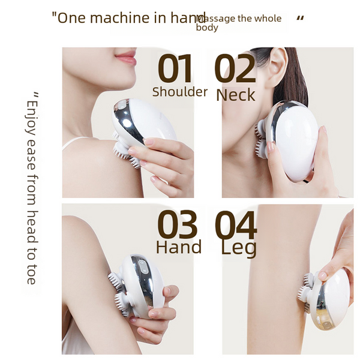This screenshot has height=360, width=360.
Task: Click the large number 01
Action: pyautogui.click(x=175, y=68)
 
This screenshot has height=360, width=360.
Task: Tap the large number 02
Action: pyautogui.click(x=235, y=68)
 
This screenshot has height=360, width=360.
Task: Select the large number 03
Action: pyautogui.click(x=177, y=224)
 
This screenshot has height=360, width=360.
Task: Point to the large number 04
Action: pyautogui.click(x=236, y=224)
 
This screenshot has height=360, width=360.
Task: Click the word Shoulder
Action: pyautogui.click(x=180, y=92)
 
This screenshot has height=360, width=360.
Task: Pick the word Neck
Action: pyautogui.click(x=236, y=95)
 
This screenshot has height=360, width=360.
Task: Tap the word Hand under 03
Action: pyautogui.click(x=179, y=247)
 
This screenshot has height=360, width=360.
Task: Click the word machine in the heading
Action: pyautogui.click(x=119, y=17)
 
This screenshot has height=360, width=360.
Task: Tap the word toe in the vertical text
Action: pyautogui.click(x=31, y=275)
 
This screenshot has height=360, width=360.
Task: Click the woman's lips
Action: pyautogui.click(x=126, y=58)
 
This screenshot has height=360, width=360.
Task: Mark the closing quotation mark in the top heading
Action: pyautogui.click(x=301, y=19)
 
